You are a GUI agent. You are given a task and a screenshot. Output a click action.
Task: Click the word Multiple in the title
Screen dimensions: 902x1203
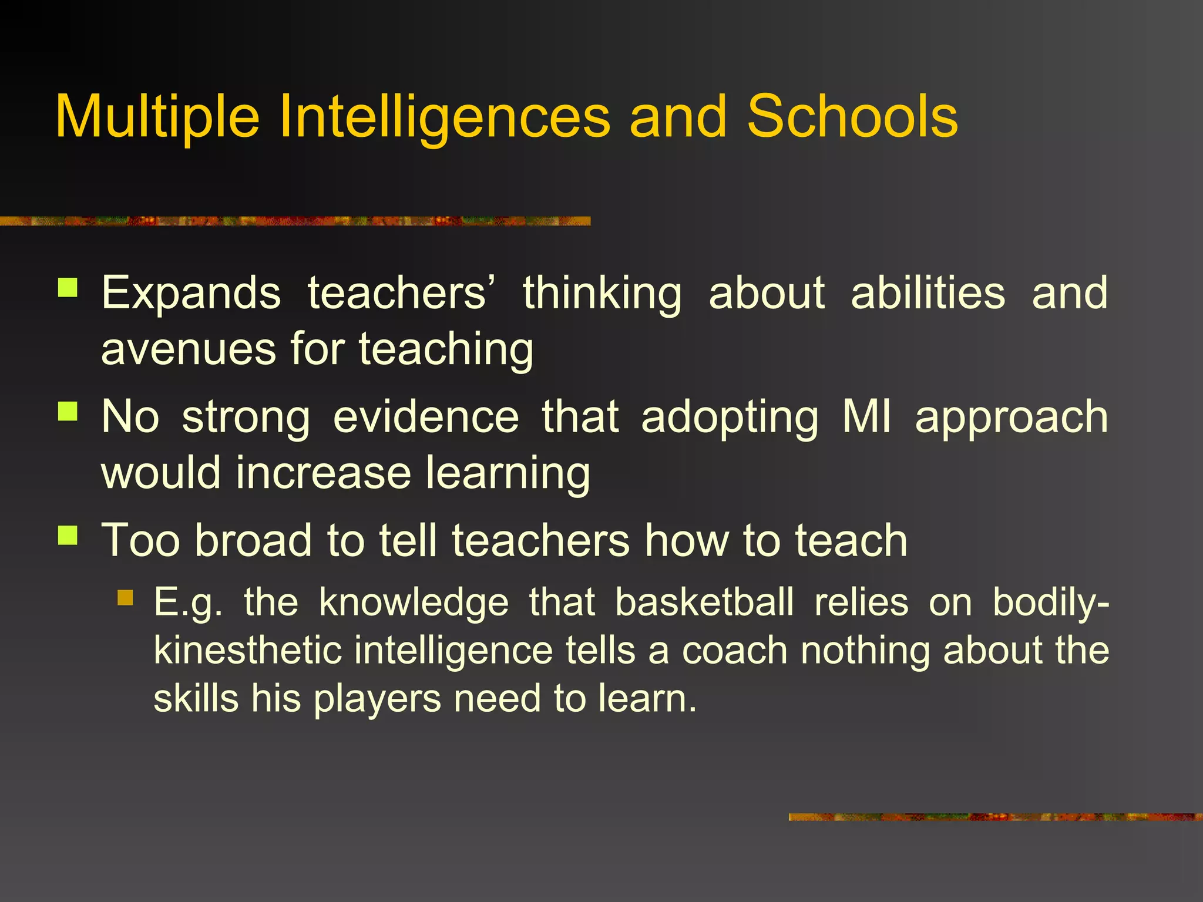157,117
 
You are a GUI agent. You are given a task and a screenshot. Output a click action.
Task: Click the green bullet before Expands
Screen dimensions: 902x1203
68,288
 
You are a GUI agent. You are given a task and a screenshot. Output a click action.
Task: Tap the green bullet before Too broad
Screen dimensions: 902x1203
68,535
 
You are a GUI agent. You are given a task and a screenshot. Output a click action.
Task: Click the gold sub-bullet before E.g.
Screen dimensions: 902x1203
126,598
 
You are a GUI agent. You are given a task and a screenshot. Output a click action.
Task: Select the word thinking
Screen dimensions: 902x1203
602,294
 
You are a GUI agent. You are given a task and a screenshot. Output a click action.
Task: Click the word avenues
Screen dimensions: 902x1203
189,349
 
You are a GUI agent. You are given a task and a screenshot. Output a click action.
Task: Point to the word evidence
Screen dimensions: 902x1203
426,417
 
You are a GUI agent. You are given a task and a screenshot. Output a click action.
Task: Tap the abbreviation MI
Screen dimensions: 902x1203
866,417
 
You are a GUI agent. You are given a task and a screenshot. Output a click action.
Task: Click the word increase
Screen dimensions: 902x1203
324,473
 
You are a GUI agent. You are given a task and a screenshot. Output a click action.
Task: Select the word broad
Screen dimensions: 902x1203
253,540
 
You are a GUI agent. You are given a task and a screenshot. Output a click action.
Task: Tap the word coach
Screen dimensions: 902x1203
735,651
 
